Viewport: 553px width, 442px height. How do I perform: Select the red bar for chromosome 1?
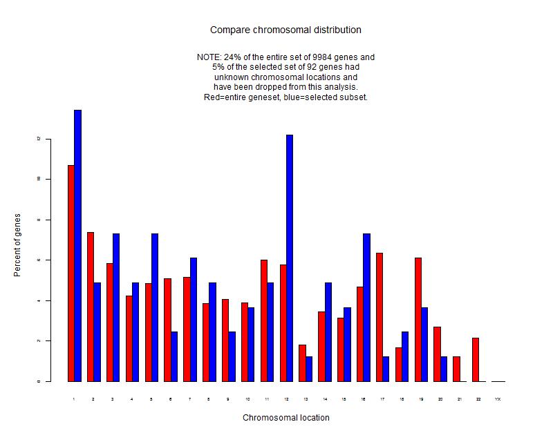[71, 273]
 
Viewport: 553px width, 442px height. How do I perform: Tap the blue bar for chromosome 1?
[78, 245]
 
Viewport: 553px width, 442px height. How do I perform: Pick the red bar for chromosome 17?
[379, 317]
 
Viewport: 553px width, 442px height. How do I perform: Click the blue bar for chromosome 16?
[366, 307]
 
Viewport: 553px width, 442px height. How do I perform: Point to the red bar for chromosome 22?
[476, 359]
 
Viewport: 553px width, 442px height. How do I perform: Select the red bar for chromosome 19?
[418, 319]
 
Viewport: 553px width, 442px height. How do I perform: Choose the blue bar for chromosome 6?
[174, 356]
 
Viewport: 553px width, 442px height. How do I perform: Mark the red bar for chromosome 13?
[302, 363]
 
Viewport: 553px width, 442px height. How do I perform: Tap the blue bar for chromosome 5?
[155, 307]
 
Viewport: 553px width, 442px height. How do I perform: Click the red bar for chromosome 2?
[91, 307]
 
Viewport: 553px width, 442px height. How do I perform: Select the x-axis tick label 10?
[247, 399]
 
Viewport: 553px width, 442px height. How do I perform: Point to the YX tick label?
[498, 399]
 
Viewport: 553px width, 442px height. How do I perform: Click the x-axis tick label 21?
[460, 399]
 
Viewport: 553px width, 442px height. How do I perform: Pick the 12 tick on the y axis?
[42, 139]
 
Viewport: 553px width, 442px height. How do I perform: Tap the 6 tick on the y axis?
[42, 260]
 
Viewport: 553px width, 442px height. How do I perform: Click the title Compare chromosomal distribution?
[285, 30]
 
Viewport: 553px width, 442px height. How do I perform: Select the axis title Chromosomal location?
[285, 418]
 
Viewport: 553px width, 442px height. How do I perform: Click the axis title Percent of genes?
[17, 245]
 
